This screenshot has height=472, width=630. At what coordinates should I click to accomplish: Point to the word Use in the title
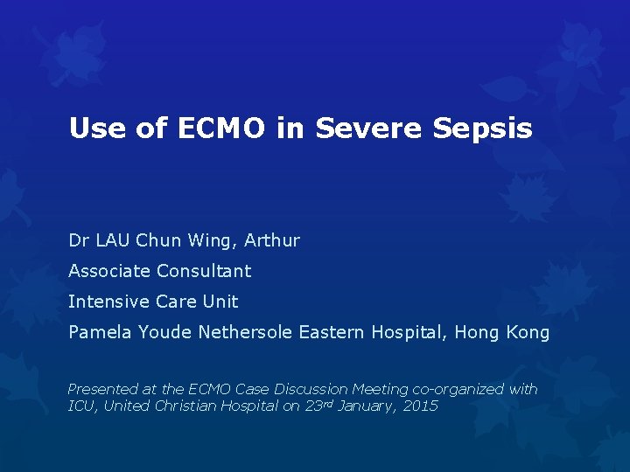(x=95, y=128)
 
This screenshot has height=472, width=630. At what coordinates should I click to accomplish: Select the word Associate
(x=109, y=271)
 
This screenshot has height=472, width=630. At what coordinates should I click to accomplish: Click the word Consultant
(x=204, y=271)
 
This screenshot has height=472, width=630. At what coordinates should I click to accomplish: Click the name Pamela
(x=98, y=332)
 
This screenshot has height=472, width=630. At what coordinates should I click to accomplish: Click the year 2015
(x=419, y=406)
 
